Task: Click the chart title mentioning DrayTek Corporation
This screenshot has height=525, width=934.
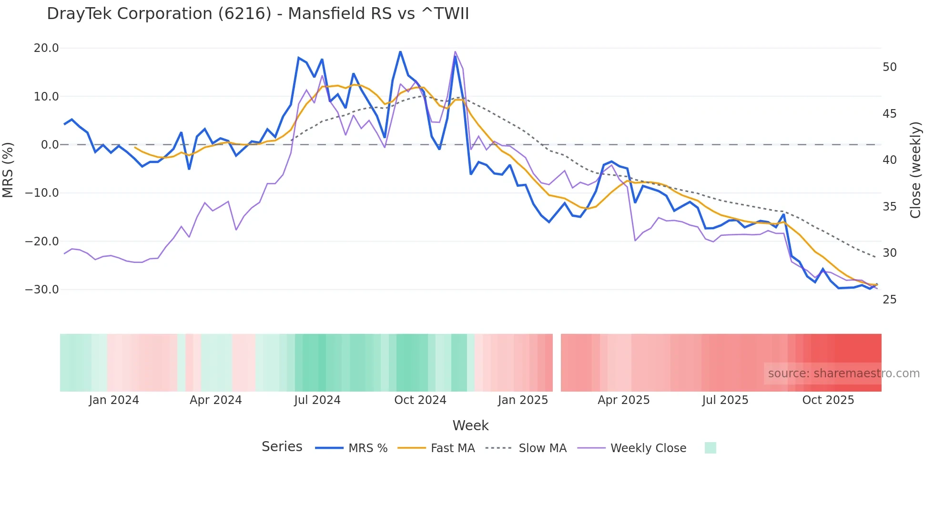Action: pyautogui.click(x=258, y=14)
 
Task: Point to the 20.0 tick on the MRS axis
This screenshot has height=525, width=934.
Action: pyautogui.click(x=46, y=48)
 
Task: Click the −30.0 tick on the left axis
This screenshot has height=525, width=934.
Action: pyautogui.click(x=42, y=290)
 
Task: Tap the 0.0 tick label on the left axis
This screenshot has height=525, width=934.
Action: pyautogui.click(x=50, y=145)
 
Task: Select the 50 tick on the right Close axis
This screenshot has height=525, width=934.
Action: pyautogui.click(x=889, y=67)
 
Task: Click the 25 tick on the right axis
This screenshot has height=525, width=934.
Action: pyautogui.click(x=889, y=300)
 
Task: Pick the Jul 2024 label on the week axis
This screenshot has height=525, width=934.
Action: pyautogui.click(x=317, y=400)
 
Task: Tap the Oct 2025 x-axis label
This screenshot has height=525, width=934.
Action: pyautogui.click(x=828, y=400)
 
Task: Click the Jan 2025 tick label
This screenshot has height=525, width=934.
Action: pyautogui.click(x=523, y=400)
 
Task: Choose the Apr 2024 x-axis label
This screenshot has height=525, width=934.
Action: pyautogui.click(x=215, y=400)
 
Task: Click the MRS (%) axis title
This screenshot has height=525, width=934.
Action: pyautogui.click(x=8, y=170)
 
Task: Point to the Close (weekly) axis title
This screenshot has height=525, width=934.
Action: pyautogui.click(x=915, y=170)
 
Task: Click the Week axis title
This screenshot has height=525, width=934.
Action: pyautogui.click(x=470, y=425)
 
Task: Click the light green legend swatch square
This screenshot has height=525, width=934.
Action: pyautogui.click(x=710, y=448)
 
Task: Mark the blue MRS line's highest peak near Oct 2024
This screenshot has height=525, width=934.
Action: pyautogui.click(x=400, y=51)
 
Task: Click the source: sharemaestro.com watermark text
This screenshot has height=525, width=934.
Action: pyautogui.click(x=843, y=374)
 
